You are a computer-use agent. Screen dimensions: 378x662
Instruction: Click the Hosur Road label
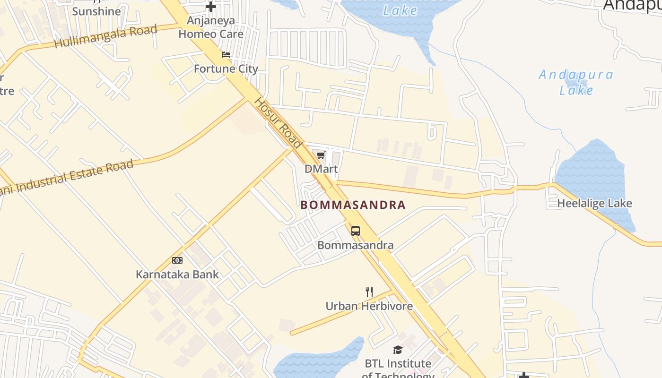[x=278, y=123]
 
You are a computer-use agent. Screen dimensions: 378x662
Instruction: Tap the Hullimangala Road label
[x=105, y=36]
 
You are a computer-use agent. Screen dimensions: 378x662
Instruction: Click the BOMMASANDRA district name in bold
[x=353, y=205]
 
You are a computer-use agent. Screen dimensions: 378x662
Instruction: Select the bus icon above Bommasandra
[x=356, y=231]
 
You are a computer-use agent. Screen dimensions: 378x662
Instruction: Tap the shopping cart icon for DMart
[x=321, y=155]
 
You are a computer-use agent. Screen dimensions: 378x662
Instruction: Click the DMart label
[x=322, y=169]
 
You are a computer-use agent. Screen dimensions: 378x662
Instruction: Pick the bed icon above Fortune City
[x=226, y=55]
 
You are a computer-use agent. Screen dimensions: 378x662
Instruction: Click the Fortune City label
[x=226, y=69]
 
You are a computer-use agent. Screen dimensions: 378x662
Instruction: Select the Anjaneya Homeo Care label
[x=211, y=27]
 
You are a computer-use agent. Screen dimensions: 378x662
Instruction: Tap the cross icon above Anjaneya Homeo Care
[x=211, y=7]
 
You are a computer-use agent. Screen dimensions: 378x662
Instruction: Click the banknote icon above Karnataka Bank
[x=177, y=260]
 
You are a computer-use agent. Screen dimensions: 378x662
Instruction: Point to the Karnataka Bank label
[x=177, y=274]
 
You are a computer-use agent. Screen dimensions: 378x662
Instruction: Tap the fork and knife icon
[x=369, y=292]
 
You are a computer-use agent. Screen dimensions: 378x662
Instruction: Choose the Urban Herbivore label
[x=369, y=306]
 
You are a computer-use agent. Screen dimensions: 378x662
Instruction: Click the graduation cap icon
[x=398, y=350]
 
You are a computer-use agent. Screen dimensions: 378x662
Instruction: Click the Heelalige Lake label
[x=595, y=204]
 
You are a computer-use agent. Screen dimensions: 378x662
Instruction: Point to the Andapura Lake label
[x=576, y=82]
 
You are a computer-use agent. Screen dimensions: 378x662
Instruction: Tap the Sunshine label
[x=96, y=11]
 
